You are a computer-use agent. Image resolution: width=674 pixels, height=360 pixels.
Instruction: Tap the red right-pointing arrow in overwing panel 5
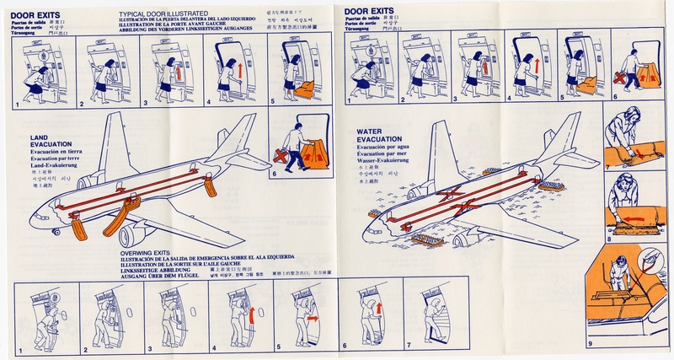(309, 320)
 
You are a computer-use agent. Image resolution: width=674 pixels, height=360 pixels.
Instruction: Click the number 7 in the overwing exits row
(408, 346)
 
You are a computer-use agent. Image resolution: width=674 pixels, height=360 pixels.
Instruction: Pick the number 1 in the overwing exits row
(18, 346)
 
